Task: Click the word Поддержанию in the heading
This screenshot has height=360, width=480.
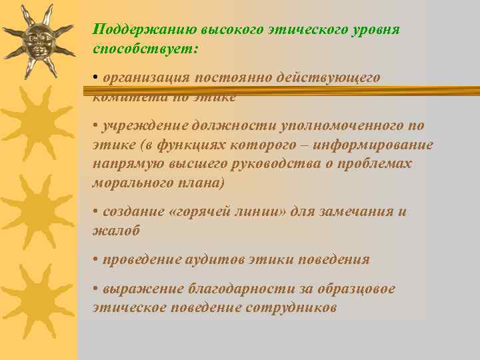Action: coord(136,30)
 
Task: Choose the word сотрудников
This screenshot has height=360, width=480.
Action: coord(291,308)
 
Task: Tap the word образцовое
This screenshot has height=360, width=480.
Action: coord(357,289)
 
